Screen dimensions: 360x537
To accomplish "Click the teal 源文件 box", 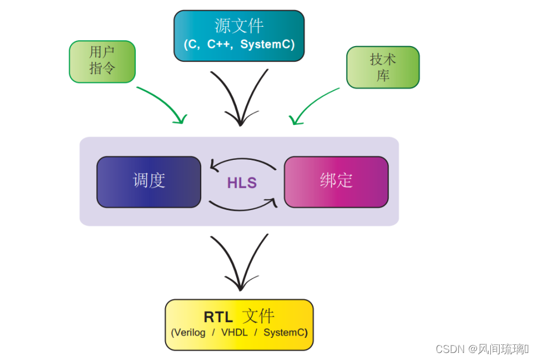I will [239, 35].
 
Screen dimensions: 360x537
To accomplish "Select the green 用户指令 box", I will [102, 61].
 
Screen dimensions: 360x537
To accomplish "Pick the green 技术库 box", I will [382, 67].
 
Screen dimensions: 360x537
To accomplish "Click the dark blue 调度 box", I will [149, 181].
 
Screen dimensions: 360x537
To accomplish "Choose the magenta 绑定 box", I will [336, 181].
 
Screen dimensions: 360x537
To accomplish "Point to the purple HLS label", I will [242, 183].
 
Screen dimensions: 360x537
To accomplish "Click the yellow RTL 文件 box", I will [239, 324].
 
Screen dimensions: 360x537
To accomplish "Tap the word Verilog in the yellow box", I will [189, 333].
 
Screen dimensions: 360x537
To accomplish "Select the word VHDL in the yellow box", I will [234, 333].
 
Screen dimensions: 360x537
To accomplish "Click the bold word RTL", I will [218, 317].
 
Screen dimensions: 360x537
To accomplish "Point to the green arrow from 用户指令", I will [163, 102].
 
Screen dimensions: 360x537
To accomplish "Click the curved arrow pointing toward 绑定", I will [242, 206].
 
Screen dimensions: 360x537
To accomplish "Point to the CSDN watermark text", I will [482, 349].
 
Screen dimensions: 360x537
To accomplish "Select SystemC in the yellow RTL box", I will [285, 333].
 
